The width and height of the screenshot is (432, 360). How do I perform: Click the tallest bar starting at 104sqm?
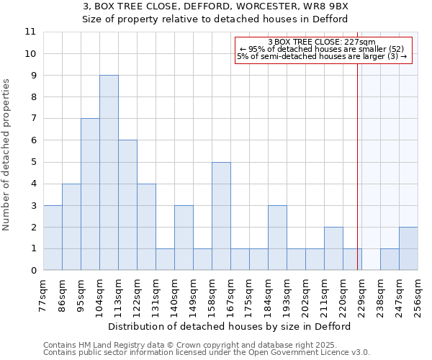click(109, 173)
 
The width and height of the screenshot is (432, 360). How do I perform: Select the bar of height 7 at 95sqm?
click(90, 194)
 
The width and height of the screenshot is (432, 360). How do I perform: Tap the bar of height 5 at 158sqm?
click(221, 216)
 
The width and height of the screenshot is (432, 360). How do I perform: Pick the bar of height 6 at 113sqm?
click(127, 205)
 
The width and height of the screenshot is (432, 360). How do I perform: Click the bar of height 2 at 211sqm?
click(333, 248)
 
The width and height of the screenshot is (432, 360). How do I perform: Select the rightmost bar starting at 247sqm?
click(408, 248)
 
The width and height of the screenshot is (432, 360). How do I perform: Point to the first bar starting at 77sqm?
click(53, 238)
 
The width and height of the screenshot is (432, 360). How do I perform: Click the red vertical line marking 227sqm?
click(357, 180)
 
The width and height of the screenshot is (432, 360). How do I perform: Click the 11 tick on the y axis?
click(30, 32)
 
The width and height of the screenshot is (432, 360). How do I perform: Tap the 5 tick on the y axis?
click(32, 162)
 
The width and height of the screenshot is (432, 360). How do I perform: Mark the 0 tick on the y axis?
click(32, 271)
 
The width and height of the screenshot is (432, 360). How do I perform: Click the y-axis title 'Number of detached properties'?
click(7, 155)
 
